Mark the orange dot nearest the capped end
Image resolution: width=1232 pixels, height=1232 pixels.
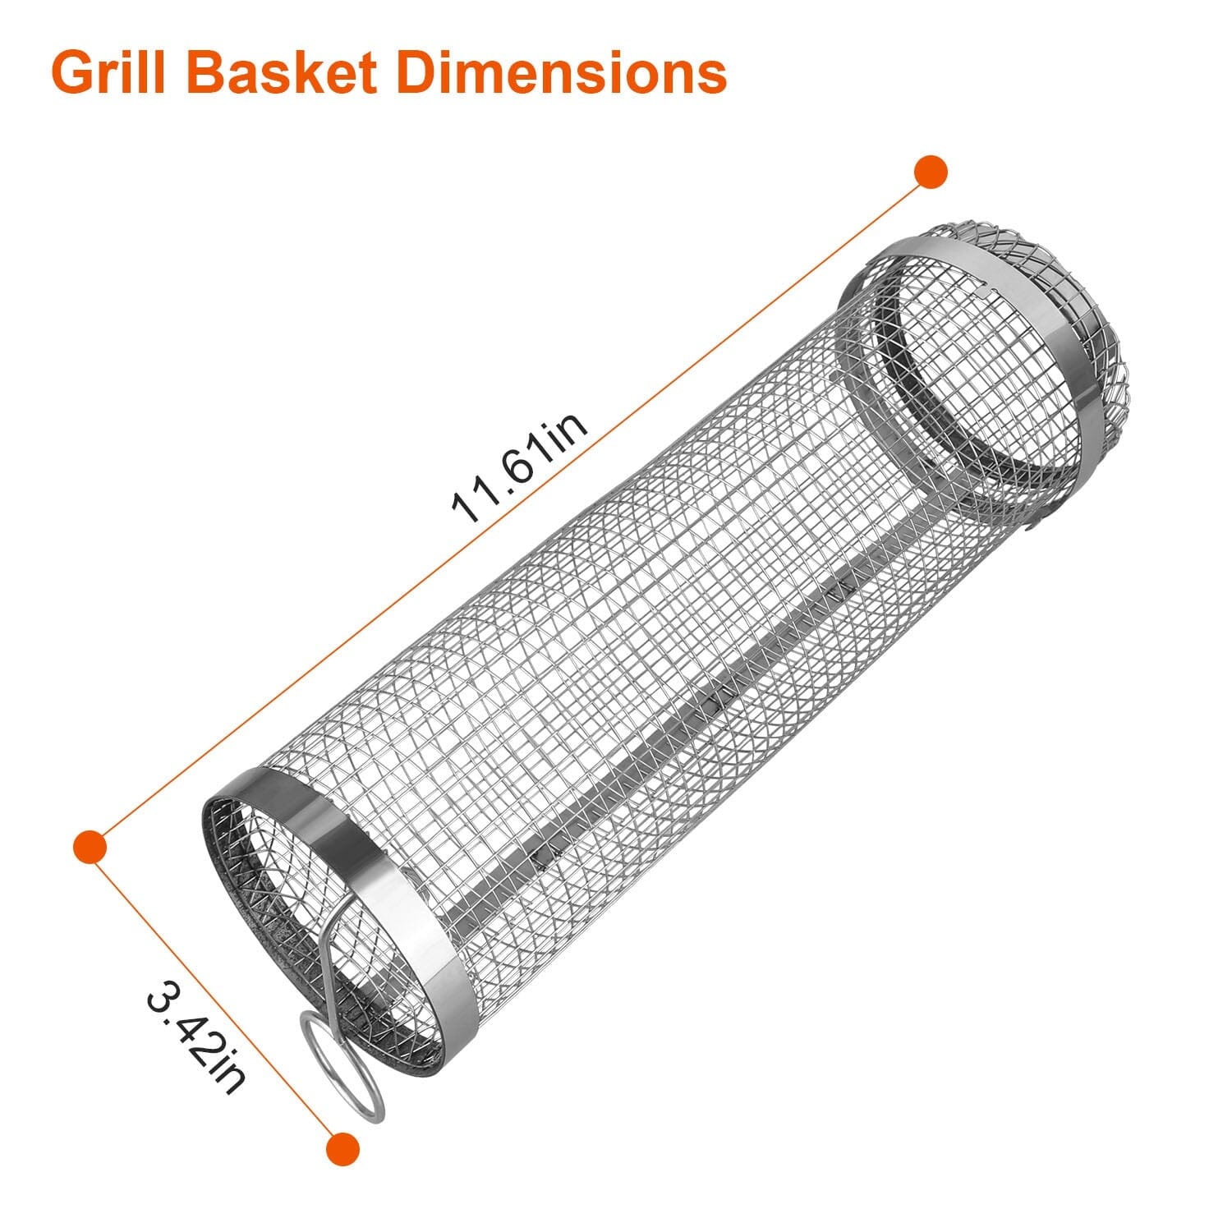931,172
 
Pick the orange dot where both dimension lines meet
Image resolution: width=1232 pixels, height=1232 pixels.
90,846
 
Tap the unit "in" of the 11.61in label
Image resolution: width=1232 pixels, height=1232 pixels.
567,428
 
